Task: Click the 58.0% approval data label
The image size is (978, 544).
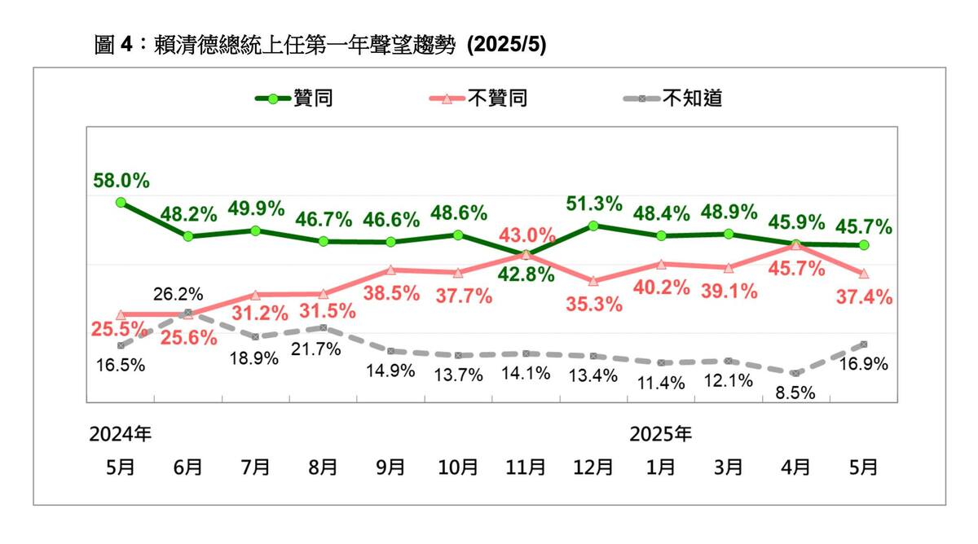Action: [121, 180]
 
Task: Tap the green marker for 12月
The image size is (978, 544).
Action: [593, 226]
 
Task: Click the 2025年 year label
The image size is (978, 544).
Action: [661, 434]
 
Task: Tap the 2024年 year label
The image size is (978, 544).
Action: [121, 434]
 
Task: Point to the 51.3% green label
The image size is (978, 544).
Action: [595, 203]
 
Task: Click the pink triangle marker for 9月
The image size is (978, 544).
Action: [391, 270]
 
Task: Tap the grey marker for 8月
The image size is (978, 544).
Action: [324, 327]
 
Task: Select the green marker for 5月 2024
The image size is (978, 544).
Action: [121, 202]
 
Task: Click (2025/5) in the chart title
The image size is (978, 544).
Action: [505, 46]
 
